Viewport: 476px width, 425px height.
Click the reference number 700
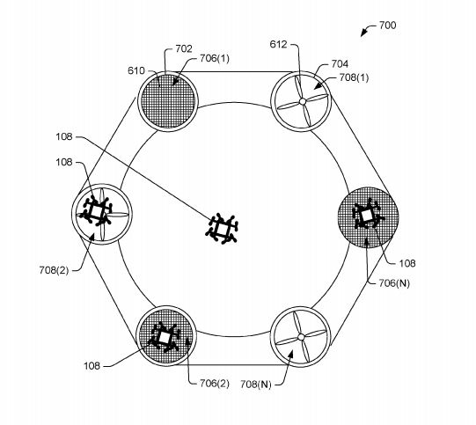388,26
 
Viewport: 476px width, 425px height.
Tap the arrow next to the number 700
367,29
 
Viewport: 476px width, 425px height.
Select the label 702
184,48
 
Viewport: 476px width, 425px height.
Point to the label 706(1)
215,58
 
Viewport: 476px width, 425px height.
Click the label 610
136,70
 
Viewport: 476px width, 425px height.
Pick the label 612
278,45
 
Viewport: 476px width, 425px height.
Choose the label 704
340,63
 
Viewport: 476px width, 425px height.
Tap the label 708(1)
354,77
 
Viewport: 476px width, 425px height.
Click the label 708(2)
54,270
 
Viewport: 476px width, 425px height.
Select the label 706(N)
394,283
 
